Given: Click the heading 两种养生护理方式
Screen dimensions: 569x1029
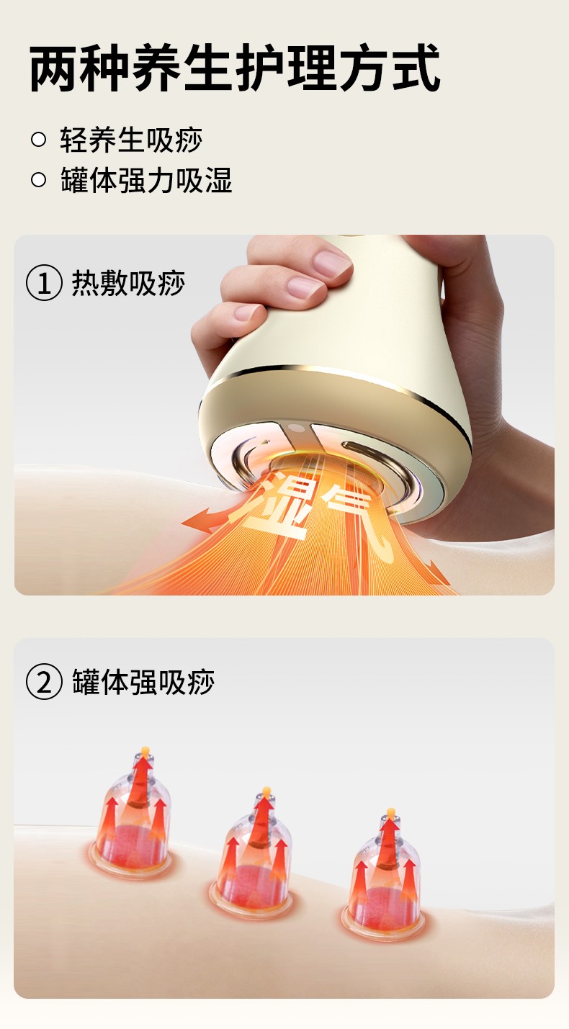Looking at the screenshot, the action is tap(235, 68).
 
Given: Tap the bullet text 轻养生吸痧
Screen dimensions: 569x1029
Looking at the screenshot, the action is tap(131, 140).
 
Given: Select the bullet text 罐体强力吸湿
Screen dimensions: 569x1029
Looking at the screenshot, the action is tap(146, 180).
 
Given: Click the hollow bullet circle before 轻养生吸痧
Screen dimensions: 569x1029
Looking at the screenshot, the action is tap(39, 139).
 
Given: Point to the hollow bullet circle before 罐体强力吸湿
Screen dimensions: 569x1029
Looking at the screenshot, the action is tap(39, 179).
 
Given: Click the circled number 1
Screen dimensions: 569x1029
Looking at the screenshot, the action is tap(44, 283).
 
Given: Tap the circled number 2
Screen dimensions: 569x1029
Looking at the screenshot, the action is tap(44, 682).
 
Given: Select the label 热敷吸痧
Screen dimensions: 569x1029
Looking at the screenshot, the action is tap(128, 283).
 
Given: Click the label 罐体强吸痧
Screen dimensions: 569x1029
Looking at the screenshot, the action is tap(143, 682).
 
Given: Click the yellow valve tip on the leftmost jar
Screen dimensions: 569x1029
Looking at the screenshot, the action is tap(145, 752).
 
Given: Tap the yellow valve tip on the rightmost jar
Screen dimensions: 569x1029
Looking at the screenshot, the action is tap(391, 813).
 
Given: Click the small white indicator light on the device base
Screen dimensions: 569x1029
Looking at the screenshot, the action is tap(297, 429).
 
